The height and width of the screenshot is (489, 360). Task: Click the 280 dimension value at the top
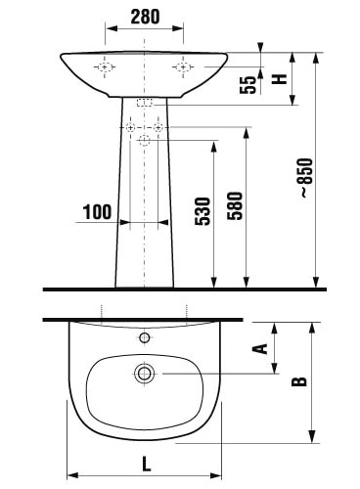click(x=145, y=17)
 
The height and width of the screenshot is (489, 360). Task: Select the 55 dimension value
click(x=247, y=85)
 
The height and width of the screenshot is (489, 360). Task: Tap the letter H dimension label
click(x=280, y=79)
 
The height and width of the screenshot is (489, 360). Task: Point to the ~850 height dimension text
click(x=306, y=178)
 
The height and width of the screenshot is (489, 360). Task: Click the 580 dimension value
click(x=236, y=206)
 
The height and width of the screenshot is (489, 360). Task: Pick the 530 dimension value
click(x=202, y=211)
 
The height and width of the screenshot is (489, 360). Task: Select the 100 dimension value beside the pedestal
click(x=97, y=212)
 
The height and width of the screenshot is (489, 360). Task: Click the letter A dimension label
click(x=260, y=348)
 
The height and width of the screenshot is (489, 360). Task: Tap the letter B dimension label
click(x=299, y=381)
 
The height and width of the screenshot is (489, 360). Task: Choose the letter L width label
click(x=147, y=464)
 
